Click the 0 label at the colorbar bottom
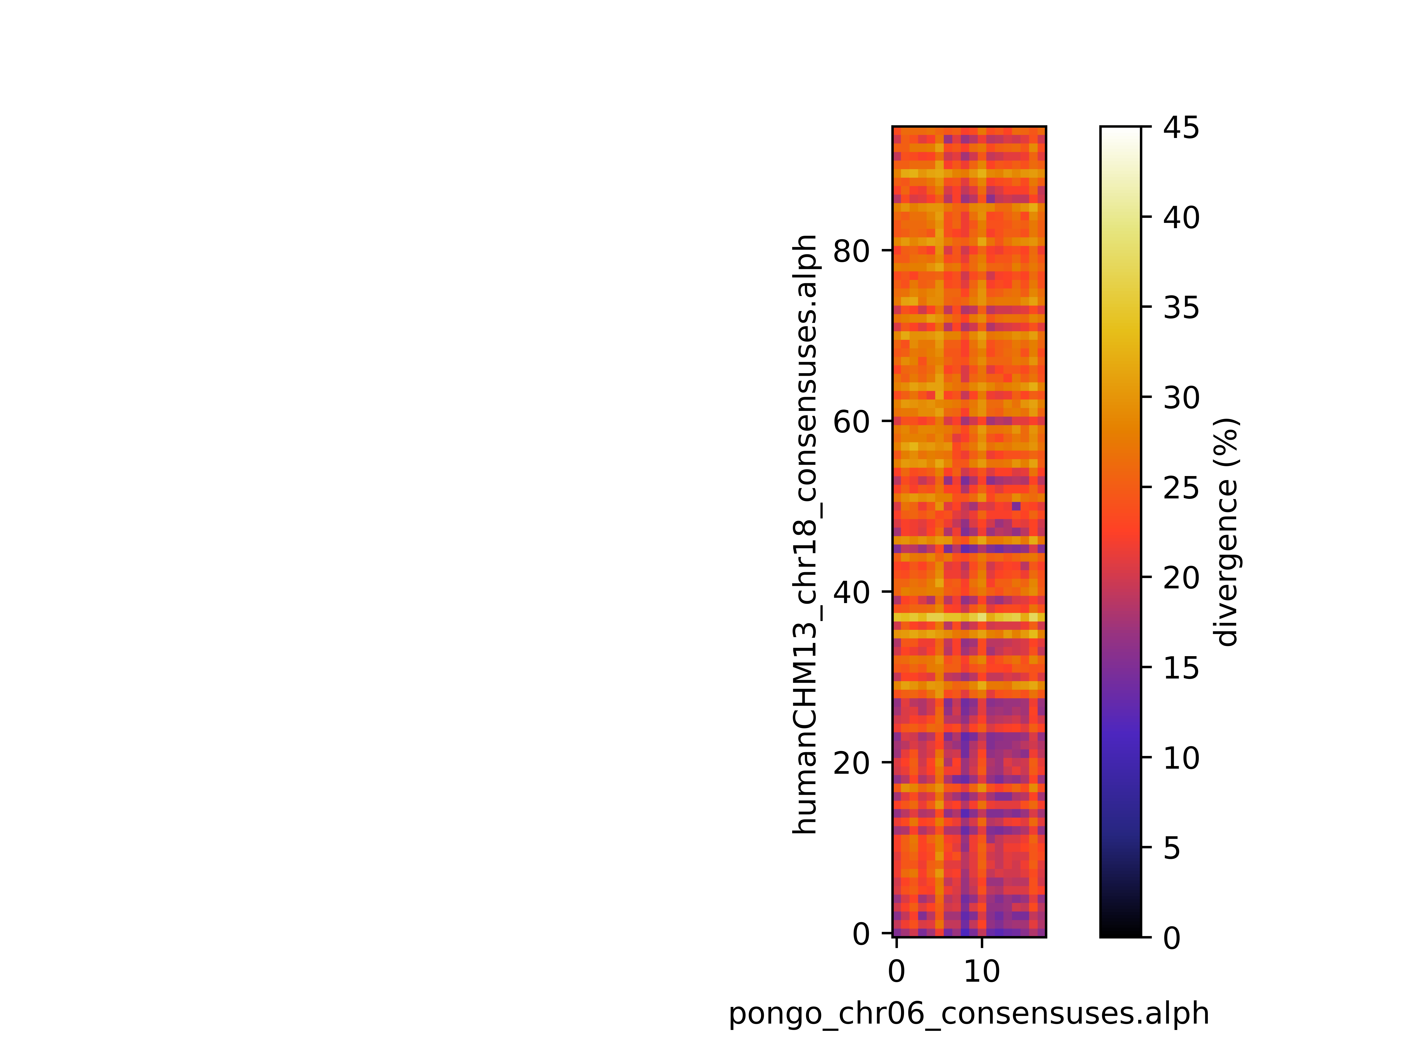point(1172,938)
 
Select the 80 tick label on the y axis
point(851,251)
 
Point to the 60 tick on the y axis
point(851,421)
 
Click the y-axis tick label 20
point(851,762)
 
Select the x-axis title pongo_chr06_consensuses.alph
point(969,1014)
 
